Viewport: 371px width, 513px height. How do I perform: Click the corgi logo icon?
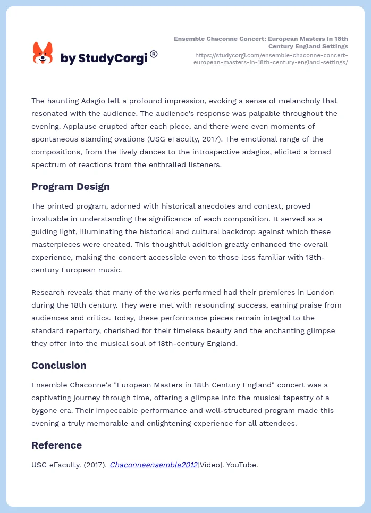pos(43,53)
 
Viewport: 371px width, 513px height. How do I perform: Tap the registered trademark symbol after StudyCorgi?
pos(154,54)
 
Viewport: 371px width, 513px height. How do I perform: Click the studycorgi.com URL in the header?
pos(271,59)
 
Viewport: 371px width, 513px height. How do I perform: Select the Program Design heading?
pos(71,187)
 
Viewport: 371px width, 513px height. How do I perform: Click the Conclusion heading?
pos(58,366)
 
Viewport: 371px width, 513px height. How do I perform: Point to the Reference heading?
pos(56,445)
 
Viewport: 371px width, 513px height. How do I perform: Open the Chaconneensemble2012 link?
pos(153,465)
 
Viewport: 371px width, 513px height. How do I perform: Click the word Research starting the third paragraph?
pos(48,292)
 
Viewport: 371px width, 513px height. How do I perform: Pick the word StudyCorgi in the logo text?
pos(112,59)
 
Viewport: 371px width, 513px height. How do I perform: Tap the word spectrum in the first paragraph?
pos(48,164)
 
